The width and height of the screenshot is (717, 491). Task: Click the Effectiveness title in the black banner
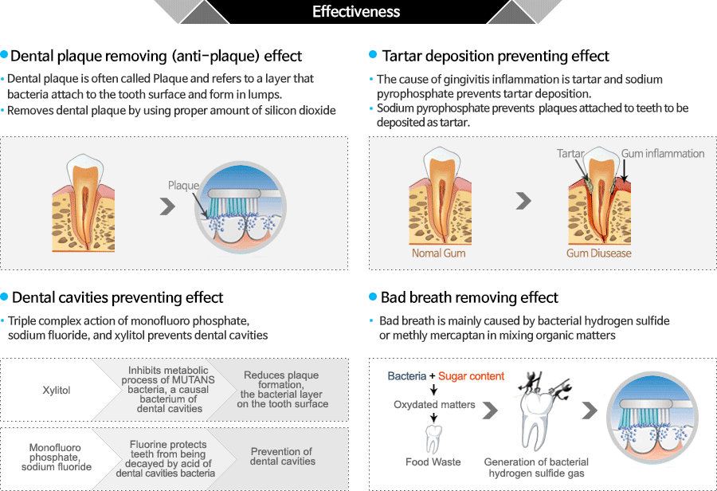click(x=356, y=11)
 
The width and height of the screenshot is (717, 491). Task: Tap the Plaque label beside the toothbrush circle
click(x=183, y=186)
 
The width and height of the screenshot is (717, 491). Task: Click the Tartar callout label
click(x=570, y=153)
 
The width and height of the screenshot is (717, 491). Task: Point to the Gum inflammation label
click(x=663, y=153)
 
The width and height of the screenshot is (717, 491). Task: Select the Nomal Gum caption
click(x=438, y=253)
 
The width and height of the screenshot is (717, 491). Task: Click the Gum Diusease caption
click(x=598, y=253)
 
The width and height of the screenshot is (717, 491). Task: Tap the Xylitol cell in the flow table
click(x=57, y=391)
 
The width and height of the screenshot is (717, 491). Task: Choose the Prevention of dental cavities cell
click(x=282, y=456)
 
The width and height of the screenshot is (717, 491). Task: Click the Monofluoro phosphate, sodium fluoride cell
click(x=57, y=458)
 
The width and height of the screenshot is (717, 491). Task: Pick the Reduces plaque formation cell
click(x=282, y=390)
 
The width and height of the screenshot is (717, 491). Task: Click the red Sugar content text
click(x=471, y=376)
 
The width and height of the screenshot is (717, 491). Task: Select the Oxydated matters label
click(x=434, y=404)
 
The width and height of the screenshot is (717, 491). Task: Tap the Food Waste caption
click(x=433, y=462)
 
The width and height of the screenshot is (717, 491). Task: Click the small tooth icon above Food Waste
click(x=433, y=439)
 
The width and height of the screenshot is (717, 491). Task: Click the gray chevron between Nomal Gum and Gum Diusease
click(x=523, y=200)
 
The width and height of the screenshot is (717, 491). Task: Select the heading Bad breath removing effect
click(x=469, y=297)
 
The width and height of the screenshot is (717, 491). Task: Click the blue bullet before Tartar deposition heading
click(x=373, y=54)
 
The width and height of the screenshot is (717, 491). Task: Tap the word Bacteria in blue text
click(x=406, y=376)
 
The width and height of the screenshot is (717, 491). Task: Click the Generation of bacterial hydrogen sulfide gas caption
click(x=536, y=467)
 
